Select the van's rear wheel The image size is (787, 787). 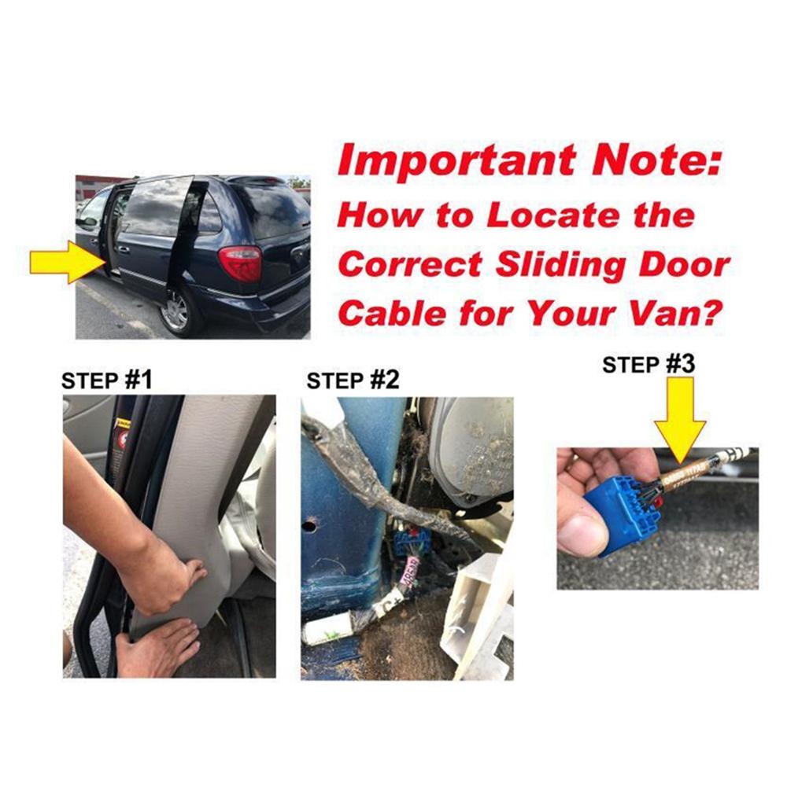(x=176, y=311)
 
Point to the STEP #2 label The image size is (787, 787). (x=353, y=381)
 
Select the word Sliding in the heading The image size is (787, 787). (x=564, y=264)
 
